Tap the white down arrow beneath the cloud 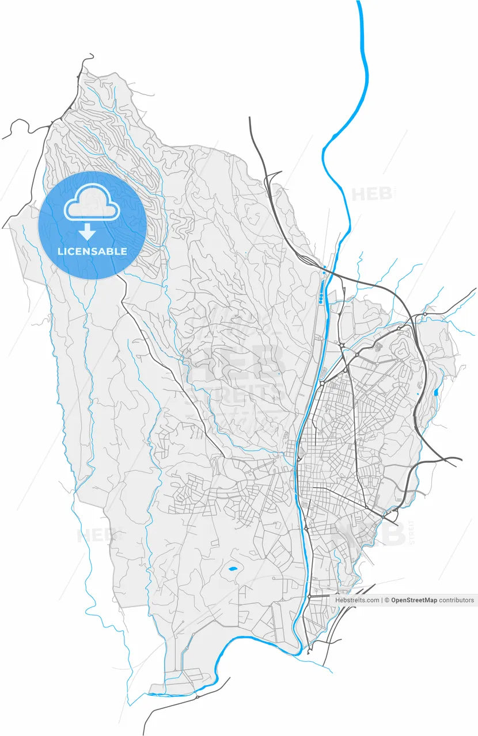coord(87,232)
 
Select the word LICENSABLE coord(92,252)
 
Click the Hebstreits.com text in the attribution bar coord(357,600)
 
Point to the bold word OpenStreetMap coord(414,600)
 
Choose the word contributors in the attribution coord(457,600)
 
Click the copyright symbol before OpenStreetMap coord(388,600)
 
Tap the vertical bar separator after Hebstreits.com coord(382,600)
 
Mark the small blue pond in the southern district coord(232,569)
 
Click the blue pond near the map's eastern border coord(435,393)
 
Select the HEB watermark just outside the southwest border coord(92,536)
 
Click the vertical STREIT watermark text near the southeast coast coord(411,532)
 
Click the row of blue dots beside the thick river coord(321,298)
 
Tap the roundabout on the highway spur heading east coord(424,315)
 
